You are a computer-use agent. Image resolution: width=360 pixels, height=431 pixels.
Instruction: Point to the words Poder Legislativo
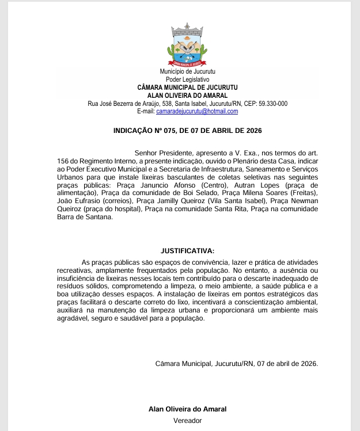click(x=187, y=79)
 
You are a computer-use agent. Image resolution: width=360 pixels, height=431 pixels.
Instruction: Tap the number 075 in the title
click(x=168, y=131)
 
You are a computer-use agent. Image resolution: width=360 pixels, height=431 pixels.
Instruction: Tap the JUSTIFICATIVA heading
click(x=187, y=251)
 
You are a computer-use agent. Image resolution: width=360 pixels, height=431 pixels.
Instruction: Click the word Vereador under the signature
click(x=187, y=420)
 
